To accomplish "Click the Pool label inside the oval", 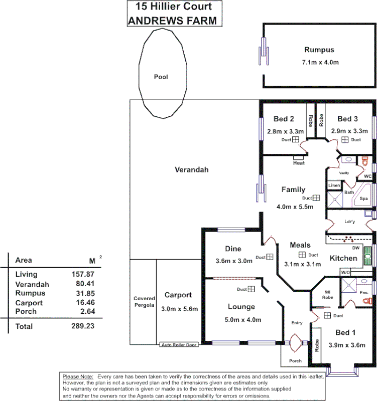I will click(x=161, y=77).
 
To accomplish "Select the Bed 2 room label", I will click(x=284, y=119).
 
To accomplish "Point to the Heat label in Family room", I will click(x=299, y=163).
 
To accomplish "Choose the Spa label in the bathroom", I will click(x=363, y=199).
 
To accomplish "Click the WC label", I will click(x=367, y=176).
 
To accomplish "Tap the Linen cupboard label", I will click(x=334, y=185).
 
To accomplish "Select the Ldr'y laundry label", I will click(x=350, y=222).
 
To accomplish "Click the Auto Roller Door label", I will click(x=179, y=345).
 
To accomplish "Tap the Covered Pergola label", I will click(x=144, y=302).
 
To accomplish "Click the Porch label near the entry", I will click(x=296, y=361).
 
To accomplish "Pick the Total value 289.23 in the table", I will click(x=83, y=326).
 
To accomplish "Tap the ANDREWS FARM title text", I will click(x=173, y=21).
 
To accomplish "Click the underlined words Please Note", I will click(x=78, y=376).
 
